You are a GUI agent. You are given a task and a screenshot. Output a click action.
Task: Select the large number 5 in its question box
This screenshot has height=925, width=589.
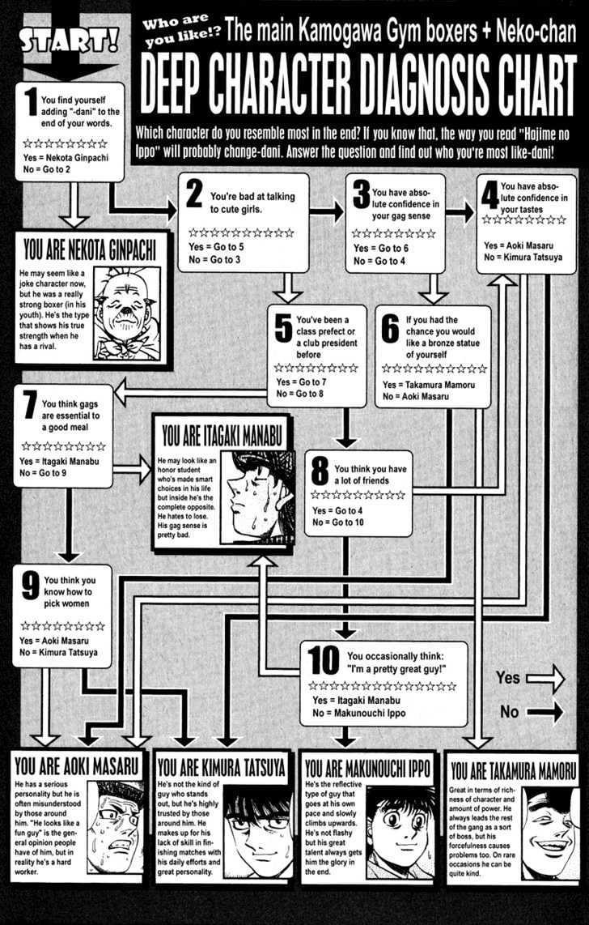[283, 329]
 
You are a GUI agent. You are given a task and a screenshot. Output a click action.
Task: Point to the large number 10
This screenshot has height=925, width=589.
[324, 662]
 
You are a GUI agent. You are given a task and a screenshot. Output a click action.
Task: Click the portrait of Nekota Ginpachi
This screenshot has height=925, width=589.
[127, 313]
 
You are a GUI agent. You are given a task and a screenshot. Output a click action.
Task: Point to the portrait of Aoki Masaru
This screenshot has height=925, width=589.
[116, 827]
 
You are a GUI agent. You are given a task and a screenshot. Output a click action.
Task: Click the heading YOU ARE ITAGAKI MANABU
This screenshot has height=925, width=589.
[222, 437]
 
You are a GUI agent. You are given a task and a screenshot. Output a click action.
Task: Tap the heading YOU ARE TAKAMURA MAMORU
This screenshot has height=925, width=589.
[512, 770]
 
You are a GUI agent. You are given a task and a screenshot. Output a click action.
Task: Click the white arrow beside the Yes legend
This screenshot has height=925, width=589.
[545, 679]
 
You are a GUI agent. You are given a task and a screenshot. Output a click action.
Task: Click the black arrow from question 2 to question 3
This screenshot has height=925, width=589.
[327, 211]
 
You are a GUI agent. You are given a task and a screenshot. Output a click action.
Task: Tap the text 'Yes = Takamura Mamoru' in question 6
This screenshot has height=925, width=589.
[428, 386]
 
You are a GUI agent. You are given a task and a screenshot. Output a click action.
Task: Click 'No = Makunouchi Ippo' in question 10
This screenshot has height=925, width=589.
[358, 713]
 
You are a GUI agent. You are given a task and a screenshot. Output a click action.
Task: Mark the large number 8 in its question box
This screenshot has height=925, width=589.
[320, 472]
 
